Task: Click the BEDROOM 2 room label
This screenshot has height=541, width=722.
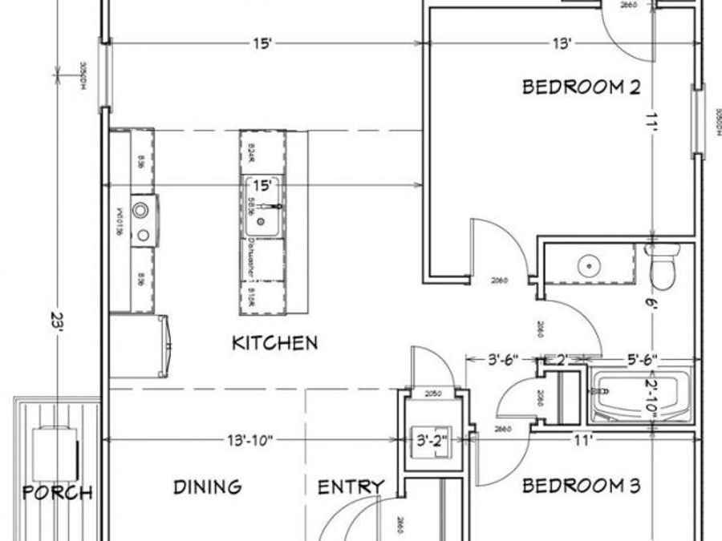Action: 581,87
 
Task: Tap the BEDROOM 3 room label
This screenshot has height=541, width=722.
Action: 581,486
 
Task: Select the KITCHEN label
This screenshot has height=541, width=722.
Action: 274,343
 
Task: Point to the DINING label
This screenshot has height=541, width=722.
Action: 207,486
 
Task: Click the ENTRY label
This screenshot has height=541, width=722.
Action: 351,487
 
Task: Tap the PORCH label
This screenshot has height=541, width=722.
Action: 57,492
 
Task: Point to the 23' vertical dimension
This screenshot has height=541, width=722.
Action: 56,325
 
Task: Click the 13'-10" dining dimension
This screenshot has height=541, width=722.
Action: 249,439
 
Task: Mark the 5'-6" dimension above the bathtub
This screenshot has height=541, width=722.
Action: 629,360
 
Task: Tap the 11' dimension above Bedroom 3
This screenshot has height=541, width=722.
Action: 582,439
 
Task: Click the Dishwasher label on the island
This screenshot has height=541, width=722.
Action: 252,258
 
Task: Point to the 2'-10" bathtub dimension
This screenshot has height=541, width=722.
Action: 653,395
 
